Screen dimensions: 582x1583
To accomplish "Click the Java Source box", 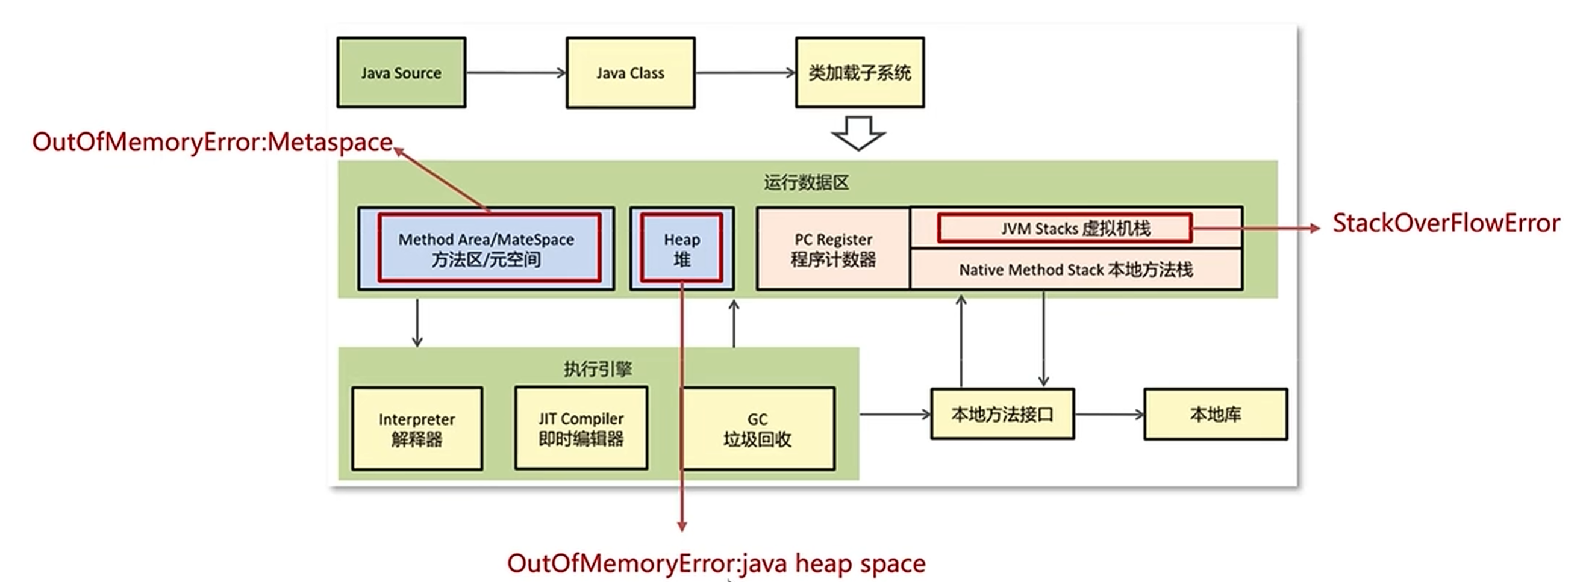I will pos(401,72).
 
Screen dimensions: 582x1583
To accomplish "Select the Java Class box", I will pos(630,72).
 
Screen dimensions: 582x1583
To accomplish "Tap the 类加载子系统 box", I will pos(859,72).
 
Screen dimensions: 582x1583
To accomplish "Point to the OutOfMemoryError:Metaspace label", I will pos(212,142).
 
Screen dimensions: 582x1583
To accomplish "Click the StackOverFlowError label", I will pos(1445,223).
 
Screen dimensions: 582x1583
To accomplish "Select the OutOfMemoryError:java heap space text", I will pos(716,563).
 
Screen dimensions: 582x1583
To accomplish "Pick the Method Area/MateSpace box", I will pos(489,248).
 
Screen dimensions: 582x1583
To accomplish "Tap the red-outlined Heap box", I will pos(681,248).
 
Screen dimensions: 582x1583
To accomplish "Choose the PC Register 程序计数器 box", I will pos(832,249).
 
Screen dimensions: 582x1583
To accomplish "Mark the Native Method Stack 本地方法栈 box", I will pos(1075,270).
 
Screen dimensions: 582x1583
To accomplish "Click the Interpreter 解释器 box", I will pos(417,429).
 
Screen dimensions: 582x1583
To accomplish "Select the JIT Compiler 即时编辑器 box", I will pos(581,428).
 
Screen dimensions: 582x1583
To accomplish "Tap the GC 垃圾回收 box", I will pos(758,429).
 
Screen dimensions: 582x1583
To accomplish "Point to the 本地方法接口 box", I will pos(1002,415).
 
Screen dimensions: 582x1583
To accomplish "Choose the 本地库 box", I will pos(1215,415).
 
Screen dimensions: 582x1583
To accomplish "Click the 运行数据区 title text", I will pos(806,182).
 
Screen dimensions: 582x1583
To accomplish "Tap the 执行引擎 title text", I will pos(598,368).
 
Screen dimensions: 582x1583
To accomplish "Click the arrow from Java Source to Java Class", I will pos(515,72).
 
